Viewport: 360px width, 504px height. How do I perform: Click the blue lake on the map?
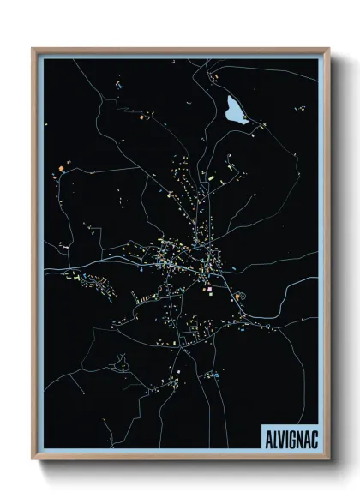coord(232,109)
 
